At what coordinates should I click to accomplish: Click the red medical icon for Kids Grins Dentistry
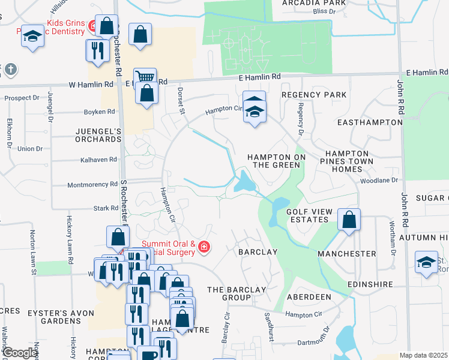92,26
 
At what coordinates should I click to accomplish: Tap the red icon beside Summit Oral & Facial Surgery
204,247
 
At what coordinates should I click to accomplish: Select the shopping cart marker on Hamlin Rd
145,77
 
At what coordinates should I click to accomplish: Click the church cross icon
10,70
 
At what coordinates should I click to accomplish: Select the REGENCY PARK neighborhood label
314,95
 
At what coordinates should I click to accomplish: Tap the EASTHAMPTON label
370,122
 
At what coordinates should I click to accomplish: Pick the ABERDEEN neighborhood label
309,297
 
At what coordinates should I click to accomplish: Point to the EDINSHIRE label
370,284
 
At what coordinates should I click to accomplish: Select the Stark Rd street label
106,208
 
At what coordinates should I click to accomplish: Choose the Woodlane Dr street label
379,180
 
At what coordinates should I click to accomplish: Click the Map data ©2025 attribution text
424,355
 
